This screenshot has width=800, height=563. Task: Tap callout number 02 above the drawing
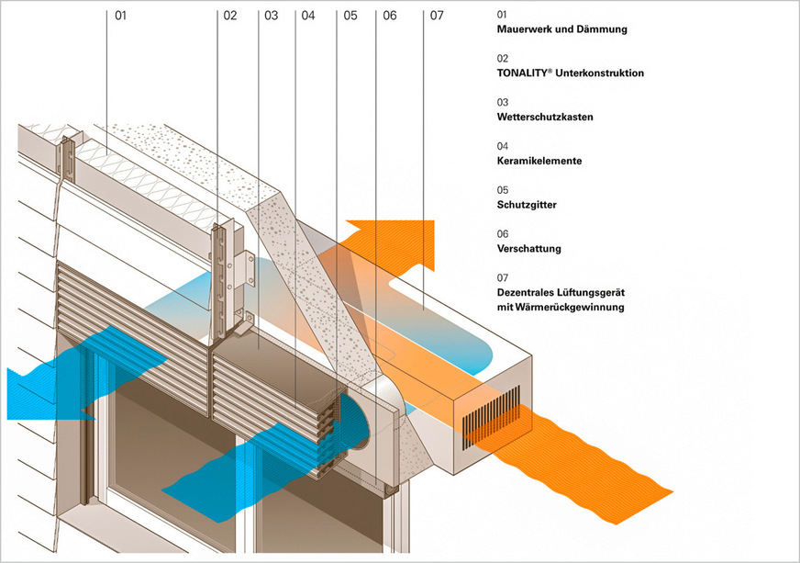(229, 16)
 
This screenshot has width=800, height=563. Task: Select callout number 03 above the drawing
(270, 16)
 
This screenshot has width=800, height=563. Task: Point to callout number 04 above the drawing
(308, 16)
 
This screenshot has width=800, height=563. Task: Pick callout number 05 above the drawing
(350, 16)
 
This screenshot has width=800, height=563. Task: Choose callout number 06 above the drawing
(390, 16)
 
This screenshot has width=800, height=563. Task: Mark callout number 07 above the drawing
(437, 16)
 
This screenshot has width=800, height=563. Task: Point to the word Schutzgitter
(526, 205)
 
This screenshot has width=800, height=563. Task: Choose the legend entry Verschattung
(528, 249)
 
